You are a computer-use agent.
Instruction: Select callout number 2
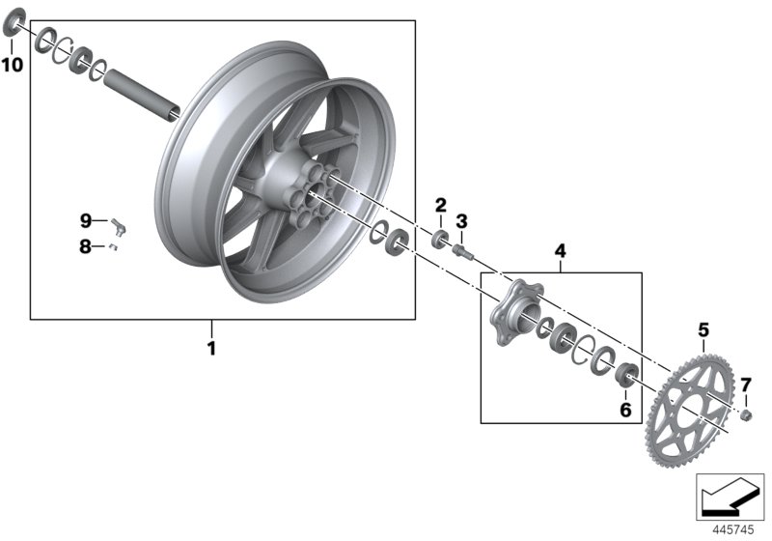(x=441, y=205)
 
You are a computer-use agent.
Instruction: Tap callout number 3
(x=461, y=221)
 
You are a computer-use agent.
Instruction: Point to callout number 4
(x=560, y=252)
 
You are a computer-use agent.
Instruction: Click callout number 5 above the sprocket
(x=703, y=328)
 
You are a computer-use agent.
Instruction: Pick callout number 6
(x=625, y=411)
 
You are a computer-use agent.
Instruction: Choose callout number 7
(x=745, y=386)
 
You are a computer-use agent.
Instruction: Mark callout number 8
(x=86, y=246)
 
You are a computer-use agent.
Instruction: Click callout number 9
(x=86, y=220)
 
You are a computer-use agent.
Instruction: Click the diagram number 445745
(x=731, y=528)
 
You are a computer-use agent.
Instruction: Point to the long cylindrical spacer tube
(x=143, y=92)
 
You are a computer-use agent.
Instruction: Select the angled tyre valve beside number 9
(x=120, y=226)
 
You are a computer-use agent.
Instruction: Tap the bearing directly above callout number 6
(x=624, y=375)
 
